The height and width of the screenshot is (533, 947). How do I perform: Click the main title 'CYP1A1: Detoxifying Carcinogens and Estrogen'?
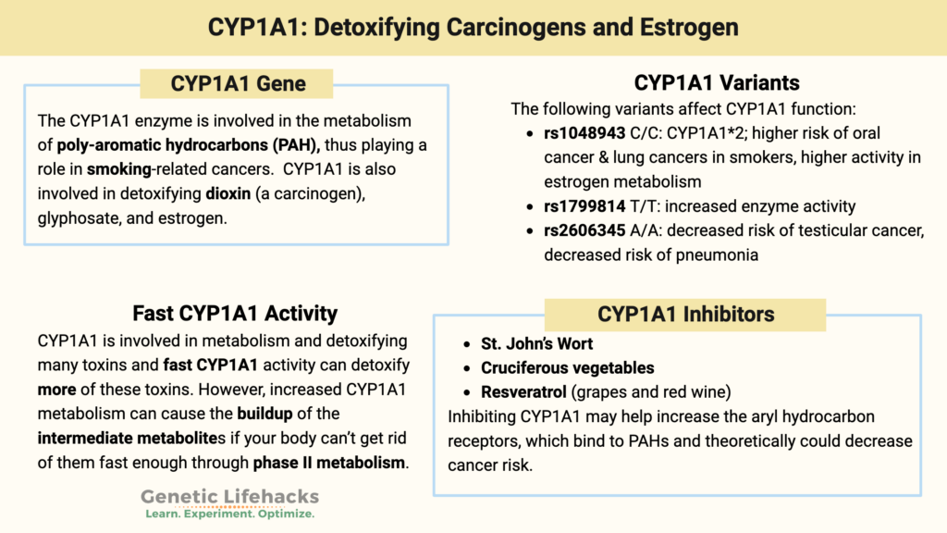click(473, 27)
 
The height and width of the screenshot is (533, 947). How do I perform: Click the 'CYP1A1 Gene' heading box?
click(238, 84)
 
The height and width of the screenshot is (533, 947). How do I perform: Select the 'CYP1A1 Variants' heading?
click(717, 83)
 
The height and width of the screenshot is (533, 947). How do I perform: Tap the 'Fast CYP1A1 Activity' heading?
click(234, 313)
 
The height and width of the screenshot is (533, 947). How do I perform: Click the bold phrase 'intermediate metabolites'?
click(126, 437)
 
